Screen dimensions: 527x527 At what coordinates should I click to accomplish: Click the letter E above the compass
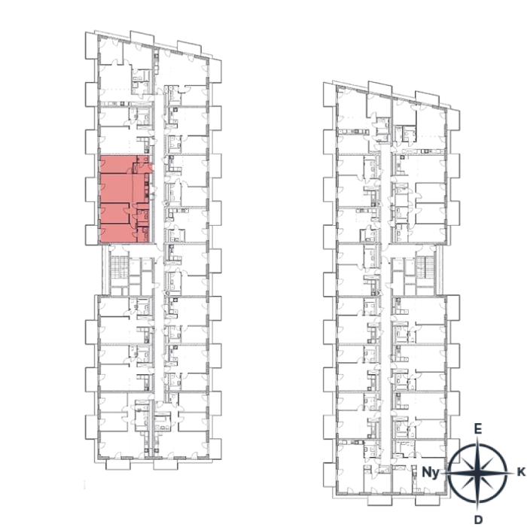tap(477, 429)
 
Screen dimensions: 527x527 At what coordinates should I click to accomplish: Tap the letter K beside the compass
tap(521, 472)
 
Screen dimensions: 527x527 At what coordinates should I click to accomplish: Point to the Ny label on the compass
tap(431, 473)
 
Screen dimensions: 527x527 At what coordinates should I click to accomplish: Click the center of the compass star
tap(477, 473)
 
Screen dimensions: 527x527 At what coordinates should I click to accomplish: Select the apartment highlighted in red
tap(125, 199)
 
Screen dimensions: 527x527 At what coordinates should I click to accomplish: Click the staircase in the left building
tap(119, 267)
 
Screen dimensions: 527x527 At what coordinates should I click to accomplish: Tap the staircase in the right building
tap(425, 267)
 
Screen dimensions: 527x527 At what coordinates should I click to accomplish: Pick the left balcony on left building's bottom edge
tap(118, 465)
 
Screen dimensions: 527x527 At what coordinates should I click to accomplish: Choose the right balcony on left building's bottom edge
tap(166, 465)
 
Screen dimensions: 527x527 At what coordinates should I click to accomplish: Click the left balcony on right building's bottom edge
tap(380, 500)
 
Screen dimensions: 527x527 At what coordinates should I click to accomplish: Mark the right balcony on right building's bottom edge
tap(427, 500)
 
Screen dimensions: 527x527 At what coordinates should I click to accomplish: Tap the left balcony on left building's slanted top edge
tap(142, 38)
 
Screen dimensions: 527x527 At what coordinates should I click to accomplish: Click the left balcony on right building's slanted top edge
tap(380, 87)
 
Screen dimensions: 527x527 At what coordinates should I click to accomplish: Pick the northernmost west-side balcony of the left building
tap(91, 46)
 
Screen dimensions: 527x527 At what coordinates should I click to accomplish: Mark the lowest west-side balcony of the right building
tap(330, 474)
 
